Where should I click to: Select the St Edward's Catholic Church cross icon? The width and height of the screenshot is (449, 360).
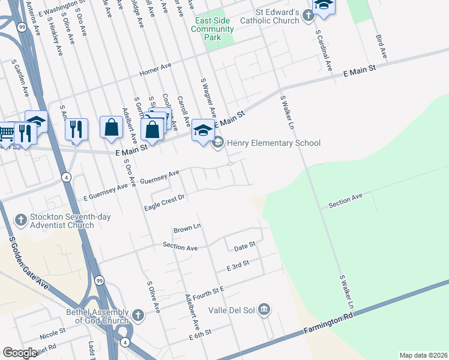[309, 15]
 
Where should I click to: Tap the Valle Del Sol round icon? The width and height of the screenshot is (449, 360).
[264, 310]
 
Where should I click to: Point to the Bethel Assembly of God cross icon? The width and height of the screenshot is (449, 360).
[137, 314]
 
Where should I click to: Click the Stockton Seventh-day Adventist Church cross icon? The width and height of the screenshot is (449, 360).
[21, 219]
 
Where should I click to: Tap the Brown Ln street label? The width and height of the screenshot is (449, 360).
[186, 228]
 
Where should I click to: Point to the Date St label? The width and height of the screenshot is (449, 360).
[245, 245]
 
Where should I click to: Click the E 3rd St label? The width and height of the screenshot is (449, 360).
[237, 264]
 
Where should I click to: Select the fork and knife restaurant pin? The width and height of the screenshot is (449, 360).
[76, 129]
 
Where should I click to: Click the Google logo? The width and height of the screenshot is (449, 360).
[20, 353]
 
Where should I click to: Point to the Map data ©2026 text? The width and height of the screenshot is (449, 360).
[423, 355]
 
